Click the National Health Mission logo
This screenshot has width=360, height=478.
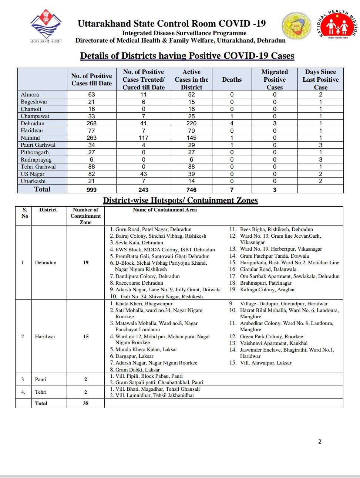337,26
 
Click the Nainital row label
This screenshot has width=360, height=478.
30,138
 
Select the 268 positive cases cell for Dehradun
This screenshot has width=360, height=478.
91,123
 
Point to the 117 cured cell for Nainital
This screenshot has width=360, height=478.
144,138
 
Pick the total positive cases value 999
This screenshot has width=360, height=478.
91,190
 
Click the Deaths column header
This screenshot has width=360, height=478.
232,79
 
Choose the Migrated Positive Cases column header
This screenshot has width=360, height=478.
275,79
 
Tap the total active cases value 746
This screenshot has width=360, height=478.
191,190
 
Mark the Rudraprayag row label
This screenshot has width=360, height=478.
36,160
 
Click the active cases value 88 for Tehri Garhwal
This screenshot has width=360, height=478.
191,167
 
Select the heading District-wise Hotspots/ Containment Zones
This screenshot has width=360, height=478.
180,200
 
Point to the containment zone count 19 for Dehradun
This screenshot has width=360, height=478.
86,262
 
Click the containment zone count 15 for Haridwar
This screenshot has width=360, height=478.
86,336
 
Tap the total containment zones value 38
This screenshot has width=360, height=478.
86,403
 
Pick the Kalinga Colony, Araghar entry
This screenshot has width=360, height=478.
267,290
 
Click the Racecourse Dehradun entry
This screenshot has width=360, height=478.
134,283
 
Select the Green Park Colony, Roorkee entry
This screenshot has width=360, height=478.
271,336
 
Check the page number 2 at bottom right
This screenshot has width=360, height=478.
320,441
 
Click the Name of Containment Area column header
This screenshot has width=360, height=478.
165,210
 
